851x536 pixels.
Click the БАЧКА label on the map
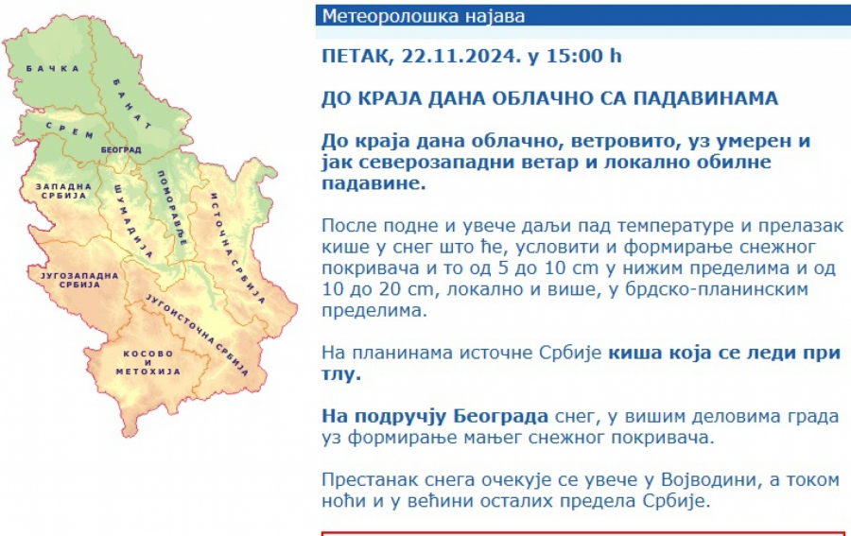coord(53,68)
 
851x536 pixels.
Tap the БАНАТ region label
coord(132,104)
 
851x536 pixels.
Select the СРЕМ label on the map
coord(69,130)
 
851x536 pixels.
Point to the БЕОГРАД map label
coord(121,149)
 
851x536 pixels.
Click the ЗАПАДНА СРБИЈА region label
coord(63,191)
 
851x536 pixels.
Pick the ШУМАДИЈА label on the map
coord(133,221)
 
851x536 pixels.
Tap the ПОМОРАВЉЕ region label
coord(173,208)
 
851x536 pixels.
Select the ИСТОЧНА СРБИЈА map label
coord(237,248)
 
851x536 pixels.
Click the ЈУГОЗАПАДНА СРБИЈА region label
coord(79,280)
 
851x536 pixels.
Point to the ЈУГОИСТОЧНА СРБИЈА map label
coord(197,335)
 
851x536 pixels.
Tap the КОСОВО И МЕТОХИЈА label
coord(148,362)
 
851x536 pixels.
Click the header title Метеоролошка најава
coord(424,16)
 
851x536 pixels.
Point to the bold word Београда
coord(500,416)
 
